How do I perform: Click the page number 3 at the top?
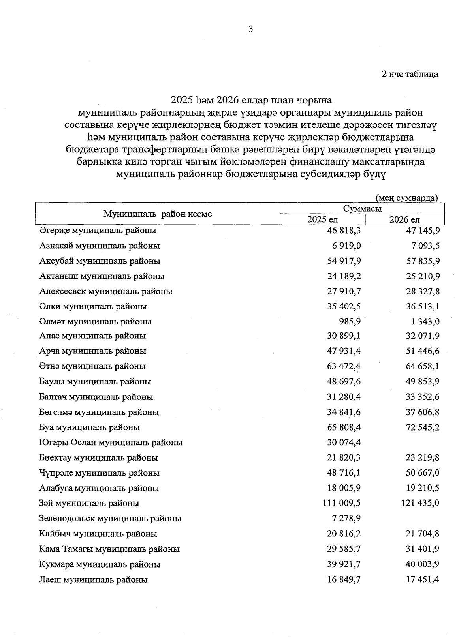[x=250, y=29]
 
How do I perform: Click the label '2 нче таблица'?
[x=410, y=74]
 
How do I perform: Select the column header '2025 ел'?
[x=322, y=220]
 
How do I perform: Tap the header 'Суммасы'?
[x=362, y=208]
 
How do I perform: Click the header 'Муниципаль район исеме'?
[x=158, y=214]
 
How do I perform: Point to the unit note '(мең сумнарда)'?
[x=407, y=197]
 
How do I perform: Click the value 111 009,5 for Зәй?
[x=341, y=503]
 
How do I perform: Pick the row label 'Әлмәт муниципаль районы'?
[x=95, y=321]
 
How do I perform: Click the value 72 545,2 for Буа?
[x=422, y=427]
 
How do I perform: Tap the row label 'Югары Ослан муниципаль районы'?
[x=111, y=442]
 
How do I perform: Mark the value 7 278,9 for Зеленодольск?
[x=344, y=518]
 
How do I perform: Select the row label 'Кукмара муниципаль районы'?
[x=100, y=564]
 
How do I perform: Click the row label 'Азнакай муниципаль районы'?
[x=100, y=246]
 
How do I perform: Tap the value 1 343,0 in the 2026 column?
[x=425, y=321]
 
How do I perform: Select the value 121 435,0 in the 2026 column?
[x=420, y=503]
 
